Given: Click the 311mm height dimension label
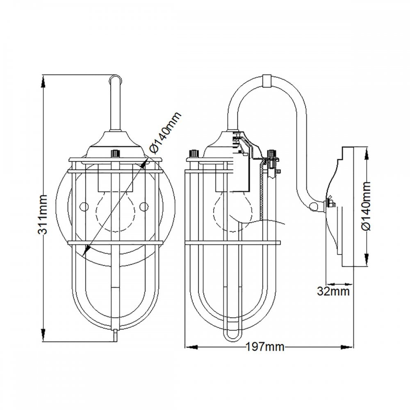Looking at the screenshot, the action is pos(42,214).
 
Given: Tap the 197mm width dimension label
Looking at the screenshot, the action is pos(265,347).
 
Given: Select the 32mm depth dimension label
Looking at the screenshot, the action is pos(333,291).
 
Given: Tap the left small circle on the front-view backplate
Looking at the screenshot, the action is pos(84,207).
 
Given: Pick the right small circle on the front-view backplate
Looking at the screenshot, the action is pos(144,207).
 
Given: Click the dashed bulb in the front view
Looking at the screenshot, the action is pos(116,211).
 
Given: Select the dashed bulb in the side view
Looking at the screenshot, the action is pos(233,211).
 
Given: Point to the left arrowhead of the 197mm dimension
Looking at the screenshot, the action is pos(191,347).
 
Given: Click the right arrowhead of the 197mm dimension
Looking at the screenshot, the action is pos(347,347).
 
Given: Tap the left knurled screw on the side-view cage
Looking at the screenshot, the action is pos(194,153).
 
